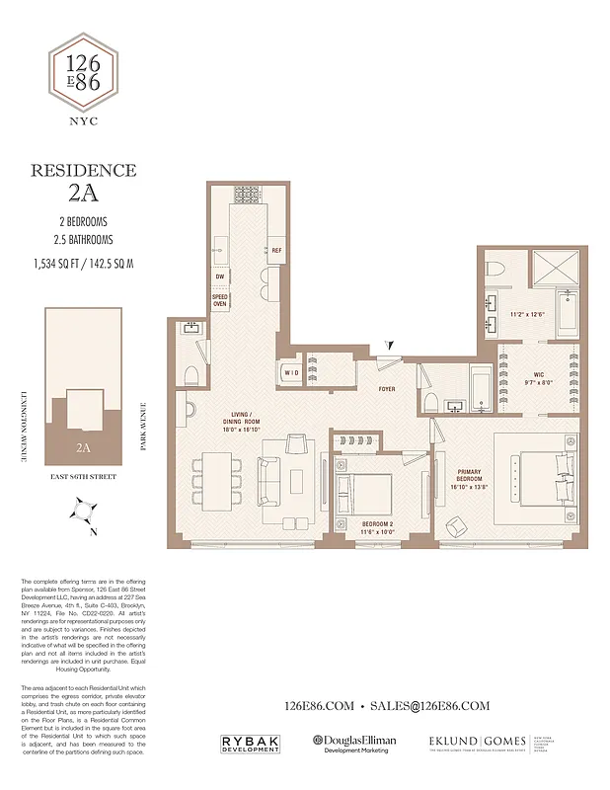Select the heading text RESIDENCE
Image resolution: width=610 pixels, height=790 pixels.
84,170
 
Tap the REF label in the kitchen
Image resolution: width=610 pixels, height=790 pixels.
277,251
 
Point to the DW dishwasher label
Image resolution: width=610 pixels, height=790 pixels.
221,277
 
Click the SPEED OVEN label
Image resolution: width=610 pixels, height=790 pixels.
221,300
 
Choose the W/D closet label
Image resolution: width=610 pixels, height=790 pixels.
291,372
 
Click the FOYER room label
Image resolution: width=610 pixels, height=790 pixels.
387,389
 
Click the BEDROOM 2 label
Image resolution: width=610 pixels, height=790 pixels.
377,527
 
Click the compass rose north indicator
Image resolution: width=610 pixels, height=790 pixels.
84,512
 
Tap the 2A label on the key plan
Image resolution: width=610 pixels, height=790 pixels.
84,446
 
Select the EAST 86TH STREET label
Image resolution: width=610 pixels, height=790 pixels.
84,476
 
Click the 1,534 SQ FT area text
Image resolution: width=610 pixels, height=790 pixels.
59,263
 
